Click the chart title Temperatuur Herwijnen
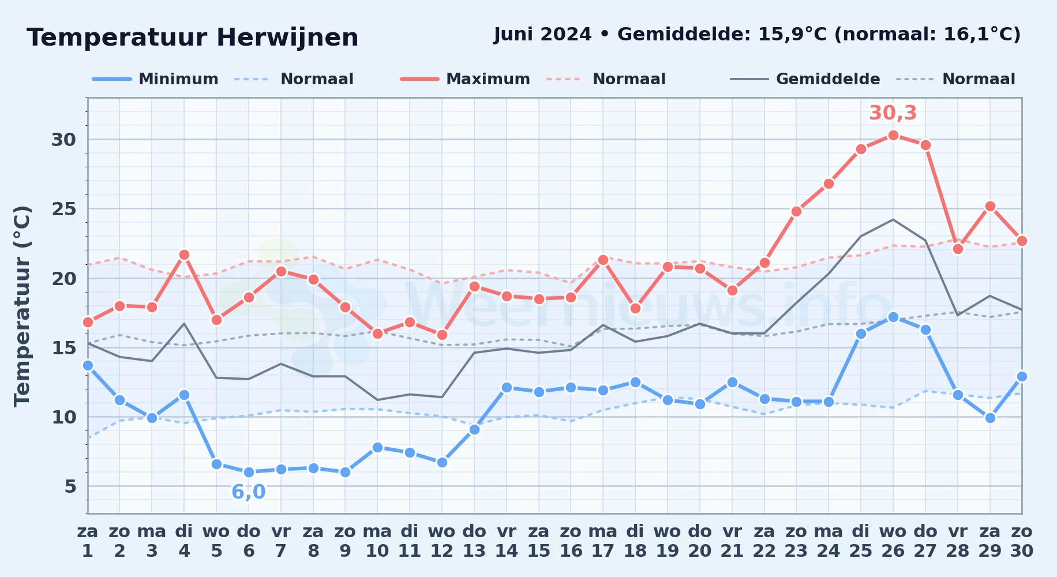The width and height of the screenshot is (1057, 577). pyautogui.click(x=193, y=38)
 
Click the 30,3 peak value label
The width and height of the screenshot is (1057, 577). pyautogui.click(x=893, y=113)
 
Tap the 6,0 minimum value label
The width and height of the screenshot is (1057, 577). pyautogui.click(x=249, y=492)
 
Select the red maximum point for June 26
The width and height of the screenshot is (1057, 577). pyautogui.click(x=893, y=135)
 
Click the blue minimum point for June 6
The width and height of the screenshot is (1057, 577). pyautogui.click(x=249, y=472)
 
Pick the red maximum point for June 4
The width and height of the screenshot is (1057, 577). pyautogui.click(x=184, y=254)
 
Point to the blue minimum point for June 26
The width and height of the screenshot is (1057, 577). pyautogui.click(x=893, y=317)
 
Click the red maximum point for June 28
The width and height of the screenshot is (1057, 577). pyautogui.click(x=958, y=249)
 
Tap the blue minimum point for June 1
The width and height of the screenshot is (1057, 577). pyautogui.click(x=88, y=365)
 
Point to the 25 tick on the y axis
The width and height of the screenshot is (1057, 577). pyautogui.click(x=64, y=209)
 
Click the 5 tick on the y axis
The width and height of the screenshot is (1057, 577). pyautogui.click(x=70, y=486)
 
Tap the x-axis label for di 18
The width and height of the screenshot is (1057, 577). pyautogui.click(x=635, y=541)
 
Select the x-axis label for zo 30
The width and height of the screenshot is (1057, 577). pyautogui.click(x=1022, y=541)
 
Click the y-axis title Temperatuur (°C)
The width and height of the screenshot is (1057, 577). pyautogui.click(x=22, y=306)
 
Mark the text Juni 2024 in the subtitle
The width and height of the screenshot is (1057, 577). pyautogui.click(x=542, y=35)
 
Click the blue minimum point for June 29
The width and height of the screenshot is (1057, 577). pyautogui.click(x=990, y=418)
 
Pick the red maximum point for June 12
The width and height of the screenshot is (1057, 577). pyautogui.click(x=442, y=335)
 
